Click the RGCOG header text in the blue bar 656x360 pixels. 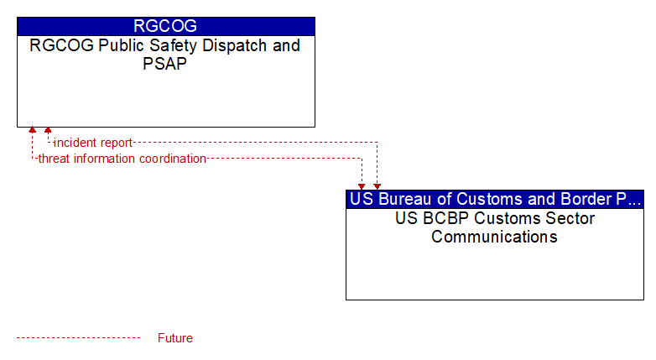[x=165, y=26]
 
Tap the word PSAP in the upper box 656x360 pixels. [x=164, y=64]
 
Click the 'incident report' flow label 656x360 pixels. [x=93, y=143]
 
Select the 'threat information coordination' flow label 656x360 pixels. [x=122, y=159]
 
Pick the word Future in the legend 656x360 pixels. [x=175, y=338]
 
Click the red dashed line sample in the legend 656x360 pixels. [x=78, y=338]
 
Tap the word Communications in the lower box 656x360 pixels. [x=494, y=237]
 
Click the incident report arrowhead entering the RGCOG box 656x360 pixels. [x=48, y=130]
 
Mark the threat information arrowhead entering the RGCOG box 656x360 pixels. [x=32, y=130]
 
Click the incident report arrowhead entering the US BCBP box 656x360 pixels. [x=377, y=186]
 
